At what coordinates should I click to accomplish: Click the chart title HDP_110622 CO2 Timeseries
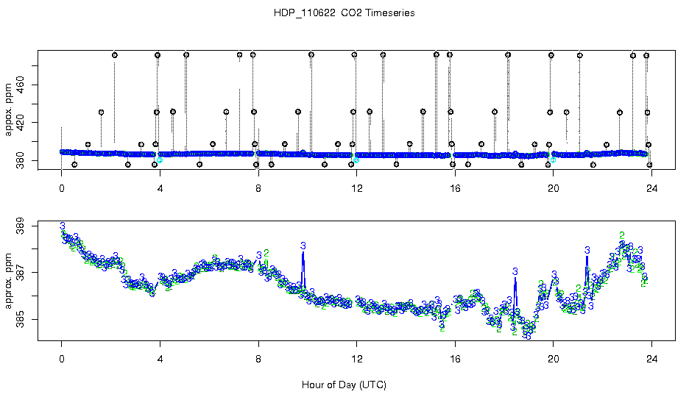344,13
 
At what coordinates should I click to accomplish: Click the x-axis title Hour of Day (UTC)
344,385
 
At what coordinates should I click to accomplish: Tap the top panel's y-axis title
10,110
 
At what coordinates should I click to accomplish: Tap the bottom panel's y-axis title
10,279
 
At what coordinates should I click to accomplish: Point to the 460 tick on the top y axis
20,85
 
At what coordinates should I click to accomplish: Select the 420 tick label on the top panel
20,122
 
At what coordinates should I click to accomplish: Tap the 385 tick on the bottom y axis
20,320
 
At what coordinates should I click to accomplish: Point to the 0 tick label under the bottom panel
62,359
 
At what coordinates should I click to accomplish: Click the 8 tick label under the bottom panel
258,359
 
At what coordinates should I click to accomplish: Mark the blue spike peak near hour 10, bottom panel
303,246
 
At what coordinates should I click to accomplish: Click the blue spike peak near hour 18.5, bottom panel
515,271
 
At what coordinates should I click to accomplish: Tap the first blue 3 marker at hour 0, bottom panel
63,226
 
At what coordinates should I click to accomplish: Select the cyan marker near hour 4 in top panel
160,159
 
